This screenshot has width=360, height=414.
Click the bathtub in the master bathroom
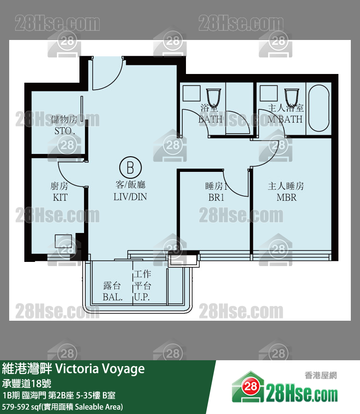pyautogui.click(x=318, y=109)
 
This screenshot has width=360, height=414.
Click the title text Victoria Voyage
pyautogui.click(x=100, y=369)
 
